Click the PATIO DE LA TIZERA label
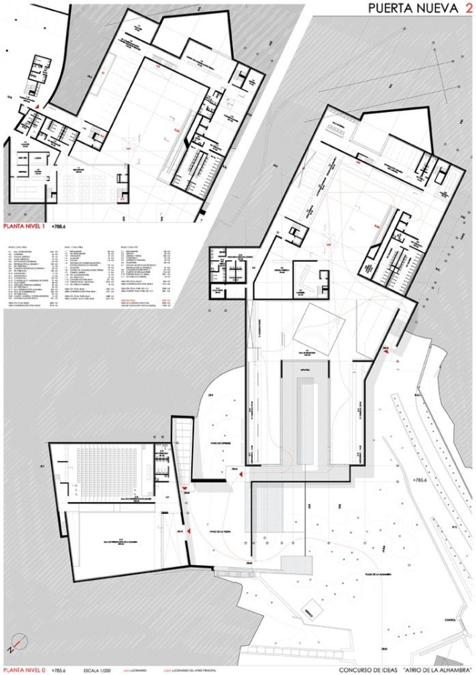tap(220, 531)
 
